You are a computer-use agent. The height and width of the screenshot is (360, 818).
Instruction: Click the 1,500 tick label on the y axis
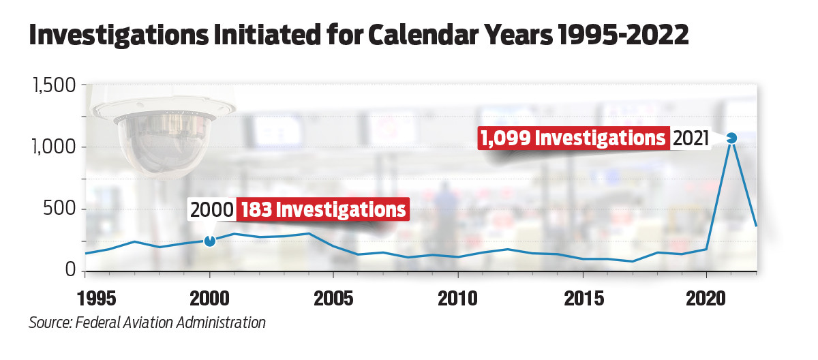(52, 87)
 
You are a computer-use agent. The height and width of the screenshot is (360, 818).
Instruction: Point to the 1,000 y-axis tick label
(52, 148)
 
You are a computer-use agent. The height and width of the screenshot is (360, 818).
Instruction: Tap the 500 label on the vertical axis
(59, 209)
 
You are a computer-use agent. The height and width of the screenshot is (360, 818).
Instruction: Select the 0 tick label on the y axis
(71, 270)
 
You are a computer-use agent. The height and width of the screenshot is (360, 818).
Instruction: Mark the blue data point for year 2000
(209, 241)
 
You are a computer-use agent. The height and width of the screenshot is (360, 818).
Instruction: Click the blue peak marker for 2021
(731, 138)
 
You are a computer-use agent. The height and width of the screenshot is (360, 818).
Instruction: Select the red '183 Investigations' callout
(322, 209)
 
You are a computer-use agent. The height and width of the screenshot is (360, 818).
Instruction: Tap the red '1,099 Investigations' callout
(573, 138)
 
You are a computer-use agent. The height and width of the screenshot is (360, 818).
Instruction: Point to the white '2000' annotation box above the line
(211, 209)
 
